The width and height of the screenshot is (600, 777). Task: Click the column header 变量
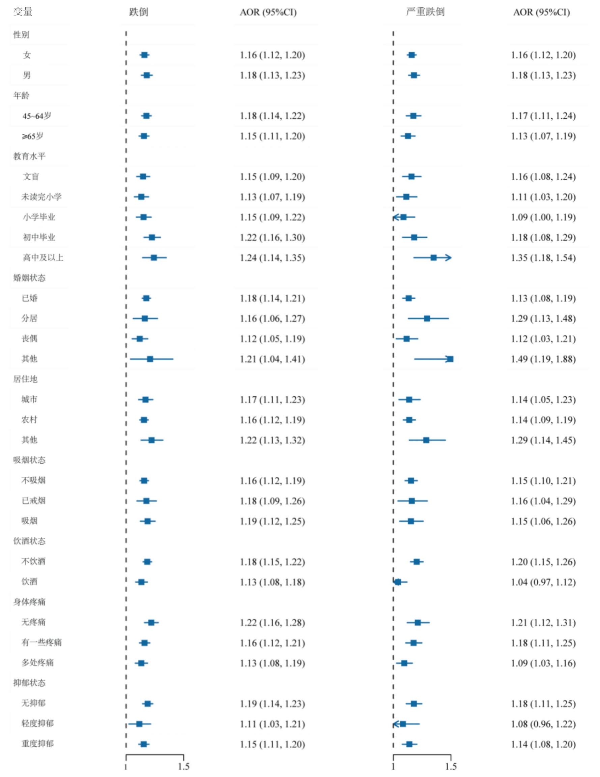pos(23,12)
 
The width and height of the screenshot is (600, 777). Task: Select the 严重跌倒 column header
pos(425,12)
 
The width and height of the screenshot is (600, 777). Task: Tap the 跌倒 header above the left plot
pos(138,12)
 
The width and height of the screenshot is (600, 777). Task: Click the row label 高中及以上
pos(43,258)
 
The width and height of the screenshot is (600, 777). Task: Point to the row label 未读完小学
pos(41,197)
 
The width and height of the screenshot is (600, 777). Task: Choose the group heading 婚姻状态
pos(29,278)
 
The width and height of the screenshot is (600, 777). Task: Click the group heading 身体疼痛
pos(29,602)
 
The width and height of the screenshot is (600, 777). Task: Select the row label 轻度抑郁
pos(37,724)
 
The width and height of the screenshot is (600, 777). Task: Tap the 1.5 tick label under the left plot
pos(183,766)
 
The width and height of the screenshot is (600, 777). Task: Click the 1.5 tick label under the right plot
pos(451,766)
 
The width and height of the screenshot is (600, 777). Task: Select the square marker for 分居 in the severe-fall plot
pos(427,319)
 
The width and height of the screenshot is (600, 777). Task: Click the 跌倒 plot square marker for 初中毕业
pos(152,237)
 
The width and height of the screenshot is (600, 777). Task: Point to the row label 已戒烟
pos(33,501)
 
